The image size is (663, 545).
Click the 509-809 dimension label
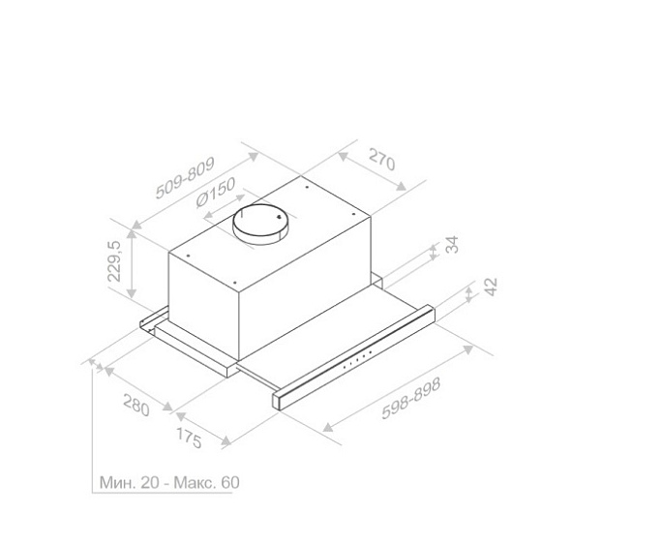click(x=185, y=177)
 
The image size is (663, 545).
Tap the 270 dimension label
click(x=382, y=159)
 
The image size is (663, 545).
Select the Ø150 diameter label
click(x=216, y=193)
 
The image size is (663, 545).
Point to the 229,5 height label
click(x=114, y=260)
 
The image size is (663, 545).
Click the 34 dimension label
click(x=452, y=244)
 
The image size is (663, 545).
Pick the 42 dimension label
click(x=490, y=287)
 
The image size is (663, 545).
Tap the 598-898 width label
click(x=411, y=398)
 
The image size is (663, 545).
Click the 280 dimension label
click(x=136, y=405)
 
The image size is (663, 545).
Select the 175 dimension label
click(x=189, y=438)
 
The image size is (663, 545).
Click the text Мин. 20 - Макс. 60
click(x=169, y=482)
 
